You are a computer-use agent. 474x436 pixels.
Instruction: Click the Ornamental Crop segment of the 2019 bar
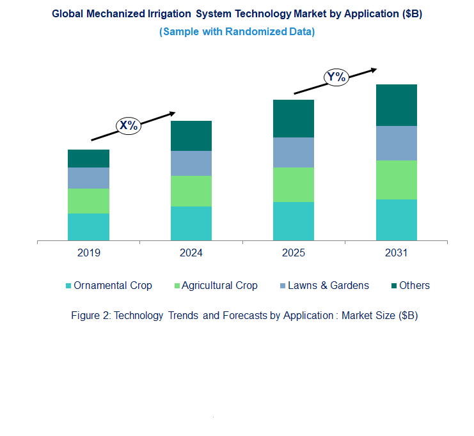pos(88,227)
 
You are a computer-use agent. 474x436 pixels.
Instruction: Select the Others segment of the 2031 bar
pos(396,105)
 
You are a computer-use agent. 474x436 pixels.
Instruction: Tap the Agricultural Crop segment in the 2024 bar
pos(191,191)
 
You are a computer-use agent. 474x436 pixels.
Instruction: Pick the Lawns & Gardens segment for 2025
pos(293,152)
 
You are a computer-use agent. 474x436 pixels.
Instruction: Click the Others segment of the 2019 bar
pos(88,159)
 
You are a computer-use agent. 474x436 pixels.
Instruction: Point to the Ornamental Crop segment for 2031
pos(396,219)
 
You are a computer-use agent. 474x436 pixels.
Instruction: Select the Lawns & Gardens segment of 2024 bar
pos(191,163)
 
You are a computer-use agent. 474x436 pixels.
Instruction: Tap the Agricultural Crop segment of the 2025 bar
pos(293,184)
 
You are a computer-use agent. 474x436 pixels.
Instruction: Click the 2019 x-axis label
pos(88,253)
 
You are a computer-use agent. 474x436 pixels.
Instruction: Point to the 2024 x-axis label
pos(191,253)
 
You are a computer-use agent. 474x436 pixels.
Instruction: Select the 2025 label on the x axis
pos(293,253)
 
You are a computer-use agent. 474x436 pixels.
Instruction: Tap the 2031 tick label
pos(396,253)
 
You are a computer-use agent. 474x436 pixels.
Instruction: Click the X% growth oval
pos(129,125)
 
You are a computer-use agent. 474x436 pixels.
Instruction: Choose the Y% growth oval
pos(336,78)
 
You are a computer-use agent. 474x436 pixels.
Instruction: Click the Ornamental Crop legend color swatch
pos(68,286)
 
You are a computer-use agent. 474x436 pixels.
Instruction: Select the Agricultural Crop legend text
pos(219,286)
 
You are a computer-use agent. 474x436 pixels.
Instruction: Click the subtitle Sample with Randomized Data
pos(237,31)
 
